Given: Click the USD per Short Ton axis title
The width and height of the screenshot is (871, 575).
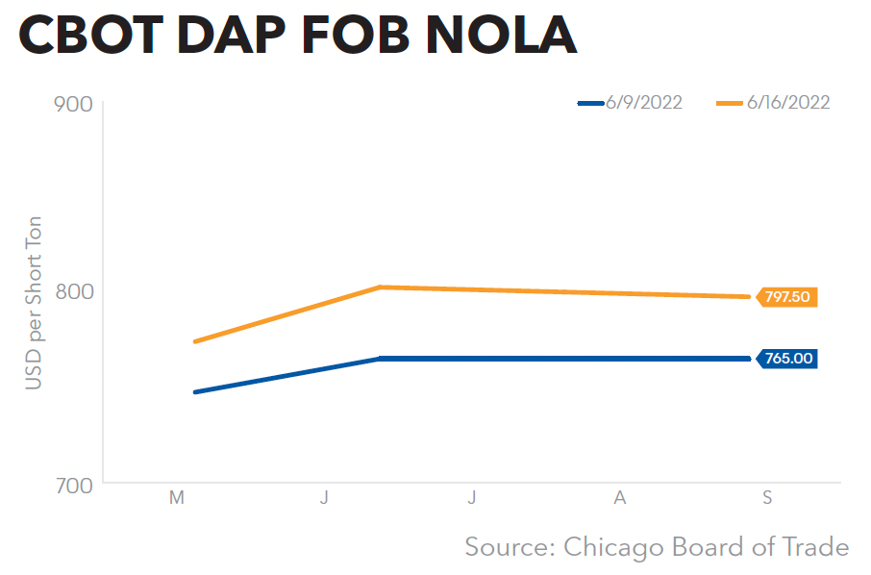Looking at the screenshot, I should pyautogui.click(x=34, y=302).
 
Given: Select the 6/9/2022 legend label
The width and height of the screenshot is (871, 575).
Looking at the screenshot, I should pyautogui.click(x=644, y=103).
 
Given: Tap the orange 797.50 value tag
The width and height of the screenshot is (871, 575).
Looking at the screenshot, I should pyautogui.click(x=787, y=297).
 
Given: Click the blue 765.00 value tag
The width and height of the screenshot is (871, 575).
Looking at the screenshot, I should pyautogui.click(x=787, y=359).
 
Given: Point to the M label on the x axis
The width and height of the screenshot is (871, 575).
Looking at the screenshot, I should pyautogui.click(x=176, y=498).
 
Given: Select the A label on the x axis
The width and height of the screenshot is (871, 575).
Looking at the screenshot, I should pyautogui.click(x=620, y=498).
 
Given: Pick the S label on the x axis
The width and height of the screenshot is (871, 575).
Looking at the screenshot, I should pyautogui.click(x=767, y=498).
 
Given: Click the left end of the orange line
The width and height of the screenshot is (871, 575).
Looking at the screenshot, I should pyautogui.click(x=195, y=341).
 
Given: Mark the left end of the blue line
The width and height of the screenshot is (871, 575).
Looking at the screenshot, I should pyautogui.click(x=195, y=392).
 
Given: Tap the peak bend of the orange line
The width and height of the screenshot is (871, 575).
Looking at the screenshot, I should pyautogui.click(x=381, y=287).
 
